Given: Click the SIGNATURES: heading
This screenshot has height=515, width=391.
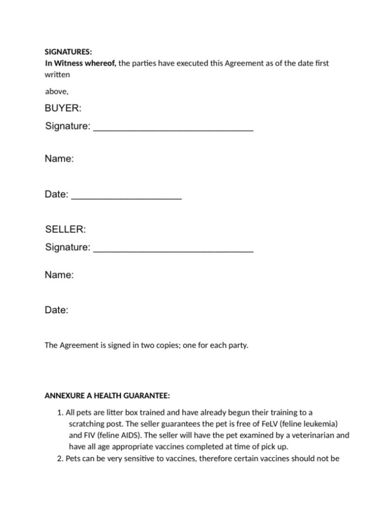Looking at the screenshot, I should pyautogui.click(x=68, y=52).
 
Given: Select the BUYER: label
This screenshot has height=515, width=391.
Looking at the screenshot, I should pyautogui.click(x=63, y=108).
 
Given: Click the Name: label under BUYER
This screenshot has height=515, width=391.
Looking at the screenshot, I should pyautogui.click(x=59, y=159).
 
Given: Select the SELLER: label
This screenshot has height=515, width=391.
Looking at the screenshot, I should pyautogui.click(x=65, y=229).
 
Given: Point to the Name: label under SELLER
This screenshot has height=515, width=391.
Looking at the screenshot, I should pyautogui.click(x=59, y=275).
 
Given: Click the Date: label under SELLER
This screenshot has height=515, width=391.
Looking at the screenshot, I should pyautogui.click(x=56, y=310).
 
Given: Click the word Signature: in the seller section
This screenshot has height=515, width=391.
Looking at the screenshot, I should pyautogui.click(x=68, y=247).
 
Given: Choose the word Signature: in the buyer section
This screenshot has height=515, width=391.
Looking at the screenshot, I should pyautogui.click(x=68, y=126).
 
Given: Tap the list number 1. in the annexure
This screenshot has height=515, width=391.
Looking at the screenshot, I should pyautogui.click(x=60, y=412).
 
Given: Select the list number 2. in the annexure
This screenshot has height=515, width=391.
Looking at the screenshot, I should pyautogui.click(x=60, y=458).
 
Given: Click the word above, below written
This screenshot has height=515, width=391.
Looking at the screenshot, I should pyautogui.click(x=56, y=91).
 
